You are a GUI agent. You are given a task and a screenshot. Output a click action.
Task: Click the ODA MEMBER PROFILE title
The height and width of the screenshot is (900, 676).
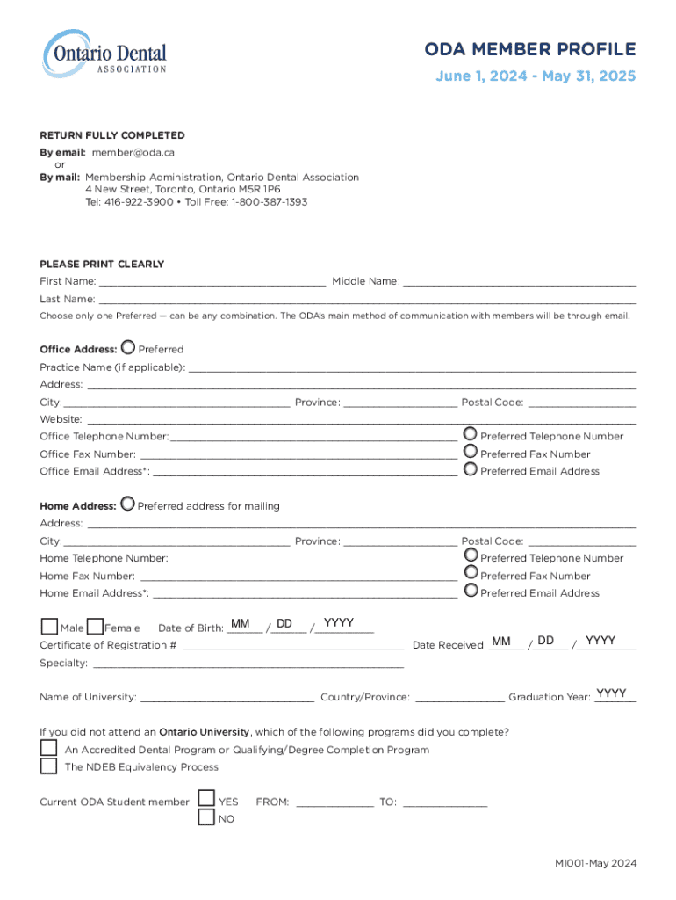[x=530, y=49]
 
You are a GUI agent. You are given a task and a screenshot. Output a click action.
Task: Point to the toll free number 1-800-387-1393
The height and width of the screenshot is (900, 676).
[x=270, y=201]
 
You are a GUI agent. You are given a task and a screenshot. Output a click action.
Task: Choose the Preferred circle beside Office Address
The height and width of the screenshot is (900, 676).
[x=128, y=348]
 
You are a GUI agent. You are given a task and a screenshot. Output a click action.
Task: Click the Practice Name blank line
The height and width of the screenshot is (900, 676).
[x=412, y=369]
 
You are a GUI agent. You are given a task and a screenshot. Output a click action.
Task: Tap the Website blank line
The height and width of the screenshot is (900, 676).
[x=361, y=421]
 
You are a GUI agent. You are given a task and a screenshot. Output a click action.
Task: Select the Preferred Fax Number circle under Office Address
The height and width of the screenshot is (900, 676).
[x=471, y=451]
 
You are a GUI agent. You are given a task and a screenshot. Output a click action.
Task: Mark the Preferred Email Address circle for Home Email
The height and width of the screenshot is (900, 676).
[x=471, y=591]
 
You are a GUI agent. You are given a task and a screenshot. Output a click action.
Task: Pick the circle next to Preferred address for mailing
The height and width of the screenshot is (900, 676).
[x=128, y=504]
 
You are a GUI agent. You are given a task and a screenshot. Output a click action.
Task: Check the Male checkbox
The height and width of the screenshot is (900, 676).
[x=50, y=626]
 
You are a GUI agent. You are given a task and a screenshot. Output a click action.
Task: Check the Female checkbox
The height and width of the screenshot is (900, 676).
[x=96, y=626]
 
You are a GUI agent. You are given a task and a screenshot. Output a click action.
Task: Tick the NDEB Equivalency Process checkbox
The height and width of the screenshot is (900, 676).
[x=48, y=766]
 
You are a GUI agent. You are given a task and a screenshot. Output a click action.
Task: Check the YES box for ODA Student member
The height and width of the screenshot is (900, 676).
[x=206, y=798]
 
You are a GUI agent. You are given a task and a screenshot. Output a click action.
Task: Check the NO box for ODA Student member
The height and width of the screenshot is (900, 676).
[x=206, y=817]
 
